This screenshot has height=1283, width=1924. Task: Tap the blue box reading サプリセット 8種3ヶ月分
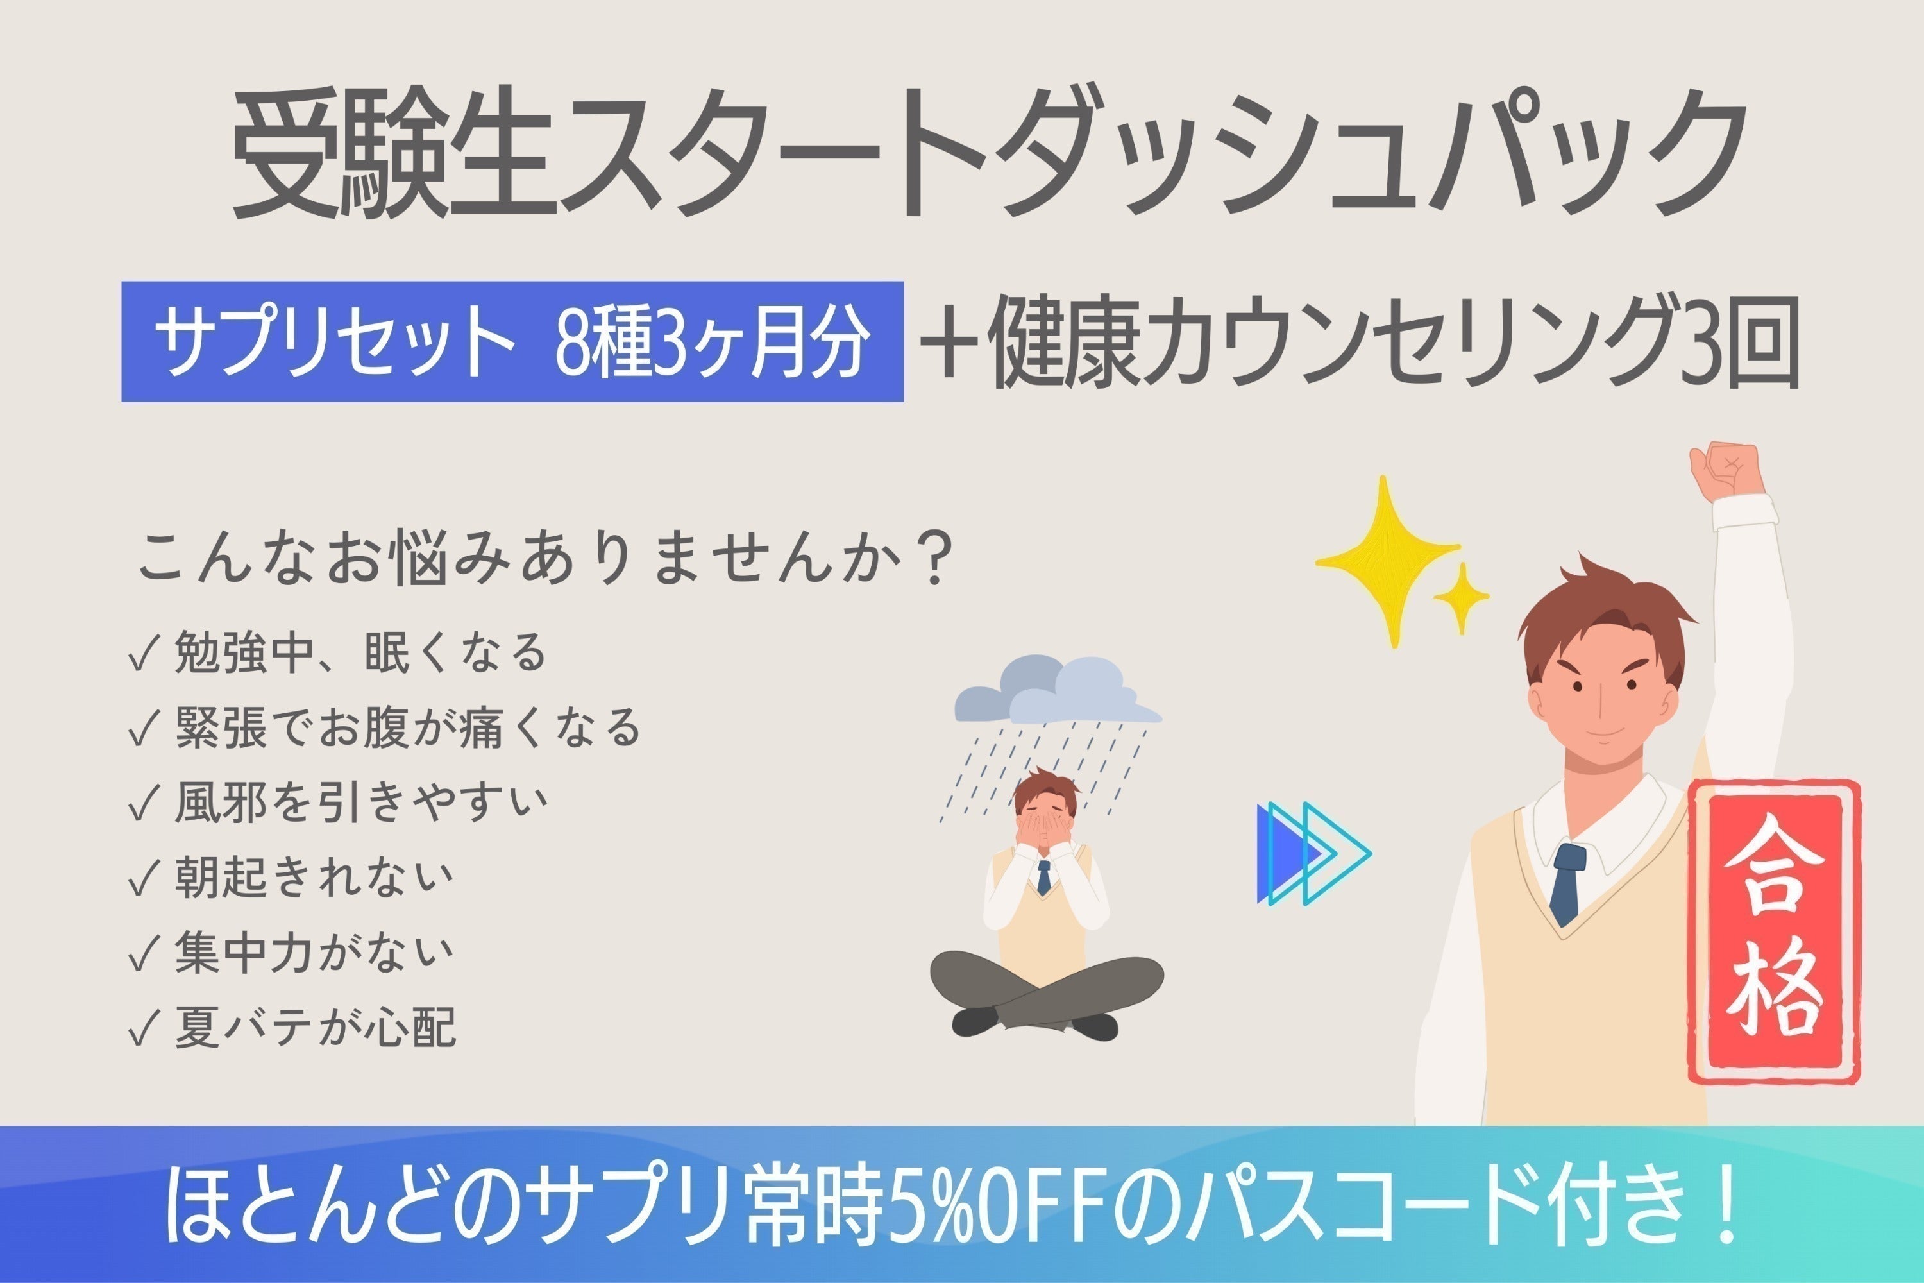[x=512, y=341]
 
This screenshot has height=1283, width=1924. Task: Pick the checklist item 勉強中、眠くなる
[x=360, y=652]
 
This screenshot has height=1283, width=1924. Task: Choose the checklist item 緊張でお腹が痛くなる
[x=407, y=727]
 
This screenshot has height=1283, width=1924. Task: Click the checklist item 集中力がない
[x=314, y=951]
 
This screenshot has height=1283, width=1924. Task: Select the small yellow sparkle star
[x=1461, y=597]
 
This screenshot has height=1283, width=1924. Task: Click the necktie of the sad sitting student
[x=1044, y=876]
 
